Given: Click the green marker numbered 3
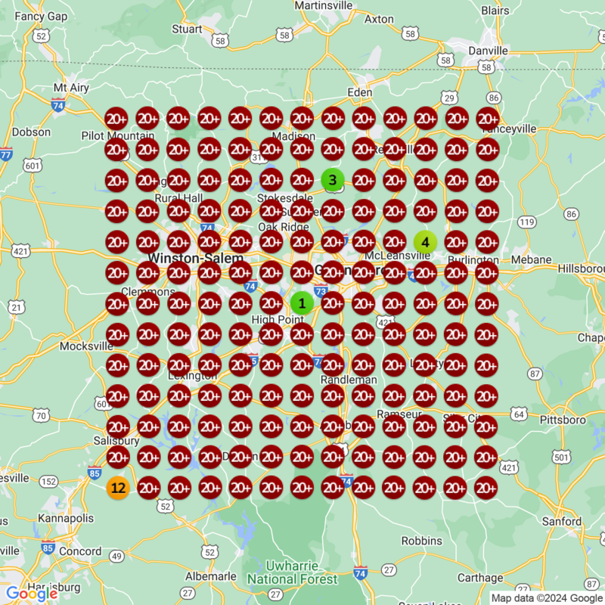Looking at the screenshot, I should coord(333,180).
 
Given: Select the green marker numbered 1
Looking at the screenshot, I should coord(302,303).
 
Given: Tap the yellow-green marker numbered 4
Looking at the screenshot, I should coord(425,242).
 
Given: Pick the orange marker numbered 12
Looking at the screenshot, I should coord(117,488).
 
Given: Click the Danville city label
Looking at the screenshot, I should coord(488,51).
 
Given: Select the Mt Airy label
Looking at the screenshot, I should coord(71,88).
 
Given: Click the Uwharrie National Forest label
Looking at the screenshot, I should coord(292,572).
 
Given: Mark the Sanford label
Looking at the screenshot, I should coord(562,522).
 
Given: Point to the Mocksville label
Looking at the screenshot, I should coord(86,346).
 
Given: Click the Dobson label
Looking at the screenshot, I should coord(32,132).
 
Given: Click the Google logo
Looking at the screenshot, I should coord(32,593).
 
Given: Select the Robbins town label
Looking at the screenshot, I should coord(421,541).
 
